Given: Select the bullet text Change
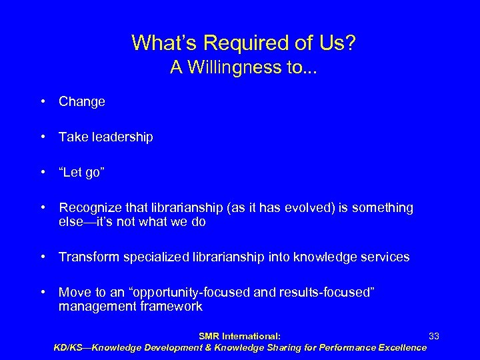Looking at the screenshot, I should click(x=82, y=102).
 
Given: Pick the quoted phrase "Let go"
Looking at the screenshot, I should click(x=81, y=172).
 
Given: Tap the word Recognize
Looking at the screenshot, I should click(x=88, y=208).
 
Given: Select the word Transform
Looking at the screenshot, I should click(x=87, y=257).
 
